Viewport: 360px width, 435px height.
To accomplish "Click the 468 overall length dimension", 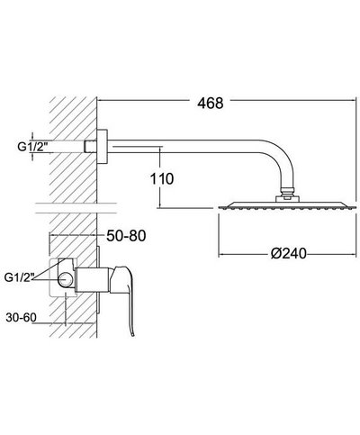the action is (211, 104).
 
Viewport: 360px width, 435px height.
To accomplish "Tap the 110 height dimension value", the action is (162, 179).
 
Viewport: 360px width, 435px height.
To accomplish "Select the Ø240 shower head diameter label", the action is (289, 253).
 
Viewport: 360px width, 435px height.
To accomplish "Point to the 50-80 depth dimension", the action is (126, 236).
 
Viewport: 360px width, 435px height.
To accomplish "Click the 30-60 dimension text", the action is (21, 317).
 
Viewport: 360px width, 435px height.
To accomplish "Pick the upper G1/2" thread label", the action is (32, 147).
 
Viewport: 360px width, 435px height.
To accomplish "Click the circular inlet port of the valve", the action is (65, 280).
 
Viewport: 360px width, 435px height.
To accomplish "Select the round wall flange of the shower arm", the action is (103, 147).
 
